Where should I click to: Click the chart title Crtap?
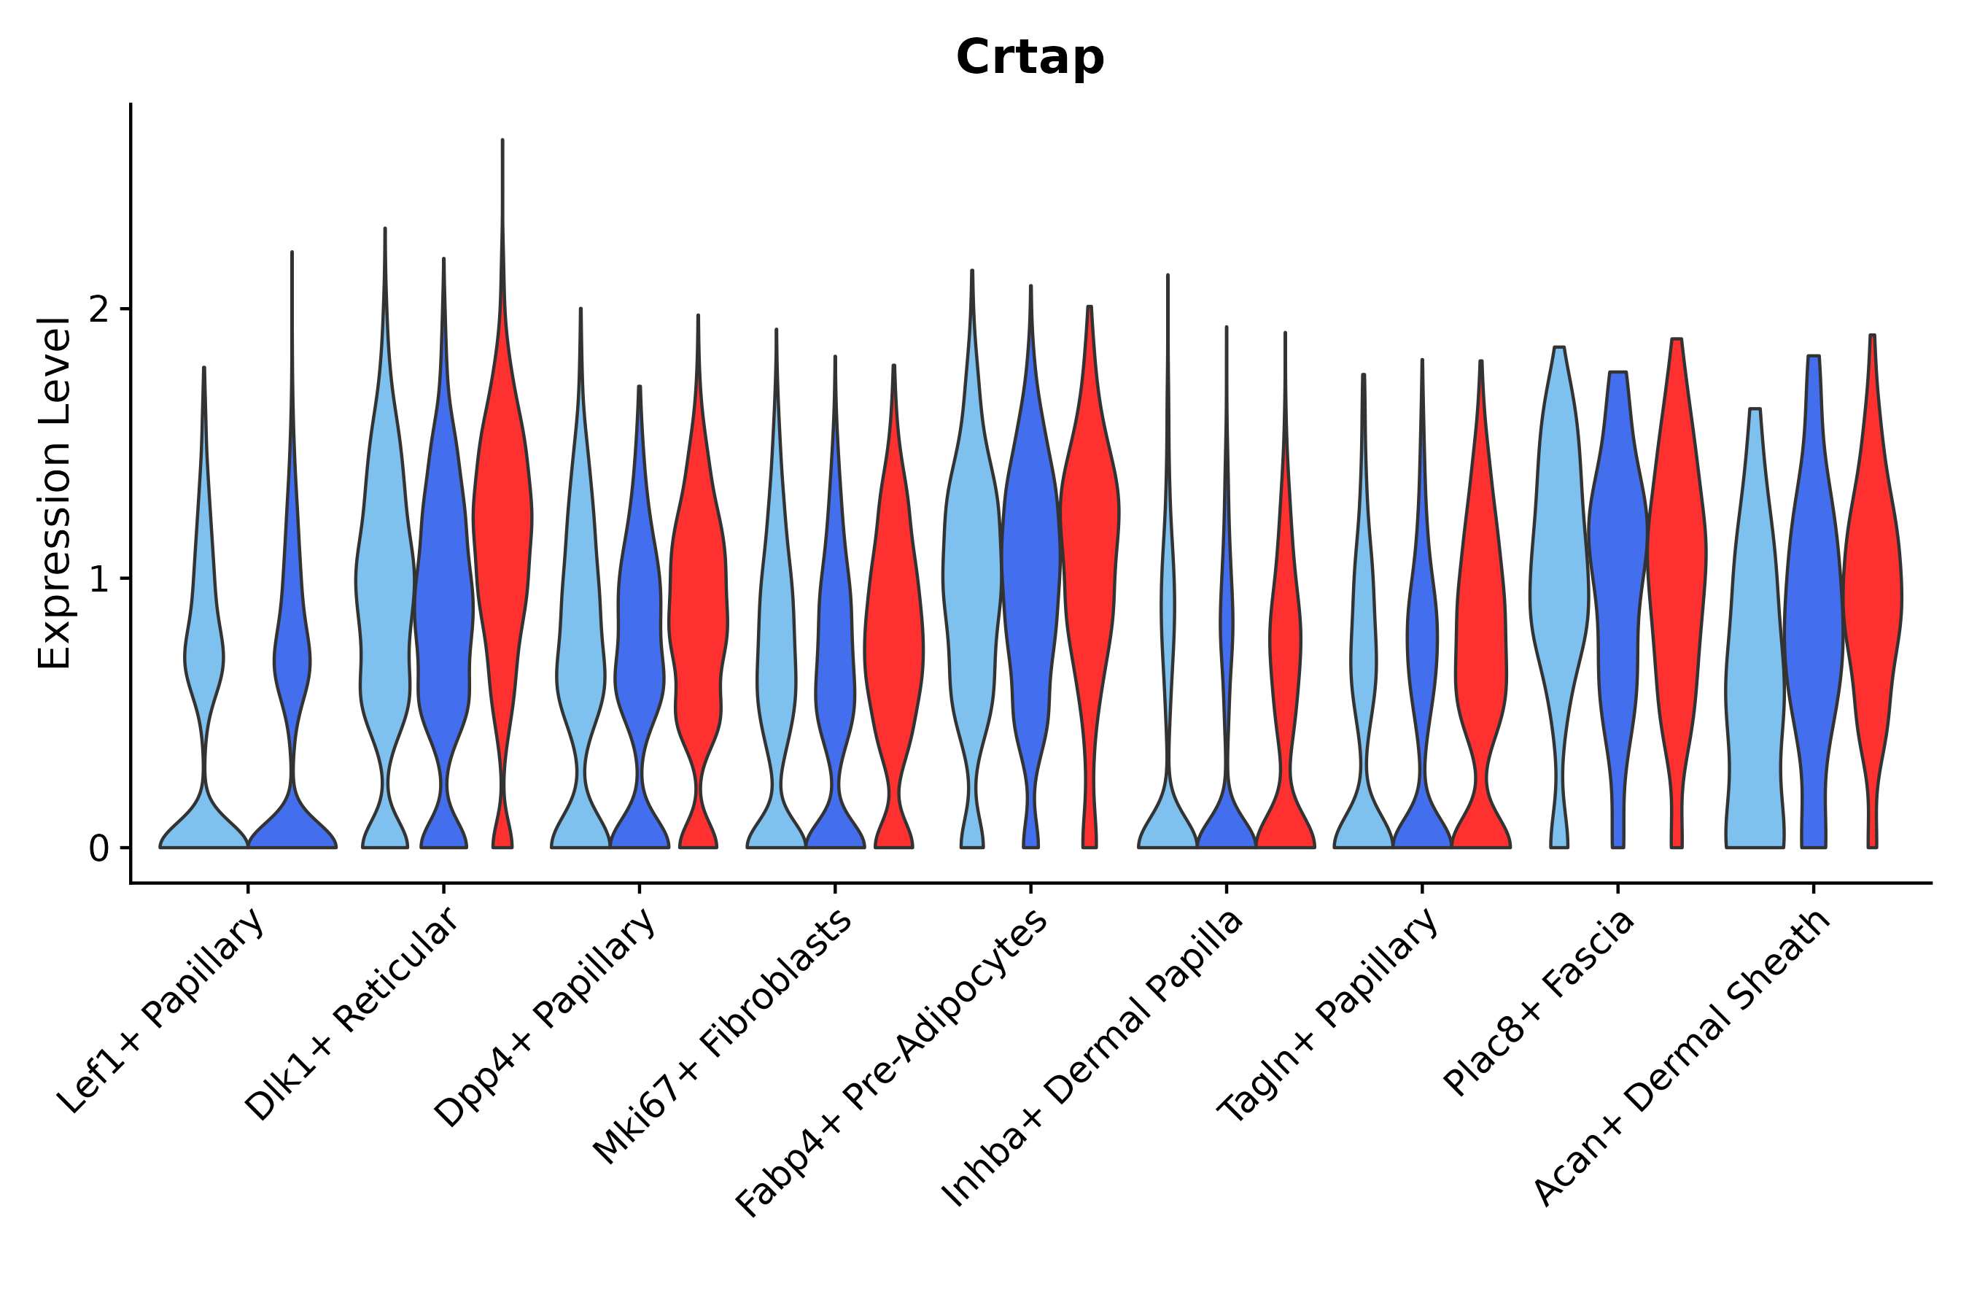[1030, 58]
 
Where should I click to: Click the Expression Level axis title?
[55, 493]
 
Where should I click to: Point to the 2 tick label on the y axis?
[98, 310]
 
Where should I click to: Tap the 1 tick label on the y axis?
[98, 579]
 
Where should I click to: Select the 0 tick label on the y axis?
[98, 849]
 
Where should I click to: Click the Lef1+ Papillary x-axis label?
[163, 1012]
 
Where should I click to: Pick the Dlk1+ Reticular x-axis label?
[352, 1014]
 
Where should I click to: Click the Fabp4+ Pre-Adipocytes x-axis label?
[892, 1064]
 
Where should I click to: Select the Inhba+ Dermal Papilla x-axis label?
[1092, 1059]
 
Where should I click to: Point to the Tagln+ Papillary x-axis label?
[1329, 1017]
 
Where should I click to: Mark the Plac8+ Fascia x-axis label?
[1539, 1004]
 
